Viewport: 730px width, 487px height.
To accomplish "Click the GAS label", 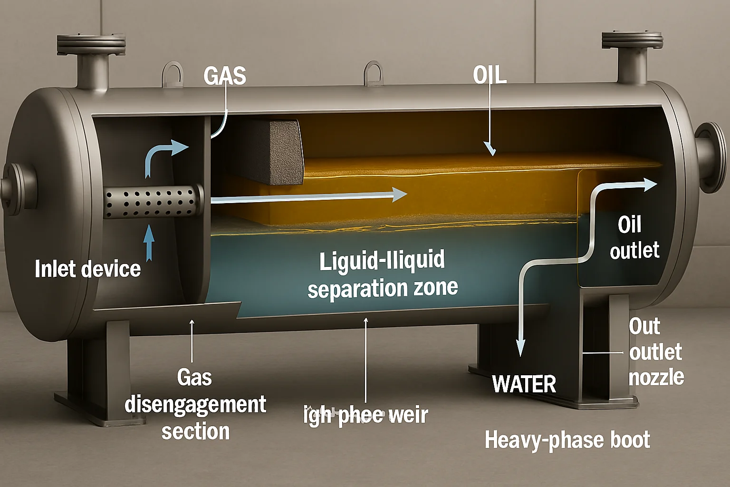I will click(225, 76).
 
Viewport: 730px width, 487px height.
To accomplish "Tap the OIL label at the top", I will click(490, 75).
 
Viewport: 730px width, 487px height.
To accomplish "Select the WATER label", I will click(524, 384).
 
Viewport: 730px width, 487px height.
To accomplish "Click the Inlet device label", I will click(88, 269).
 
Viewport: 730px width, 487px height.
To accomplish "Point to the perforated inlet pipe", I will click(152, 202).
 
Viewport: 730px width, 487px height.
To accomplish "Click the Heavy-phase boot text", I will click(567, 440).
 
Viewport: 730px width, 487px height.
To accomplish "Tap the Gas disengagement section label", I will click(195, 404).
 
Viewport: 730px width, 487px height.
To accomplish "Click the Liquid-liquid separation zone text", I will click(382, 274).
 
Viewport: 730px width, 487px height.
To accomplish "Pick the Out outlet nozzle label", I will click(656, 352).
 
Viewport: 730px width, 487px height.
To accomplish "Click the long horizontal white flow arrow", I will click(309, 196).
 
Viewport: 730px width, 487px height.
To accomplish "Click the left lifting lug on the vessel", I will click(172, 74).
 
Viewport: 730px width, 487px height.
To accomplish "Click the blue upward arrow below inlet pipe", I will click(149, 242).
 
